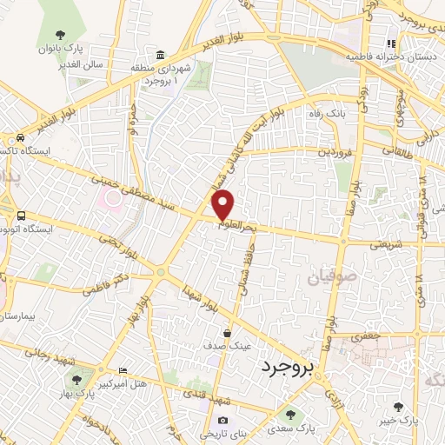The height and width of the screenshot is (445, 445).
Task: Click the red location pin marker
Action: (x=223, y=205)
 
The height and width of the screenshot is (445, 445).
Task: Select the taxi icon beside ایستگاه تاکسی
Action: (x=19, y=137)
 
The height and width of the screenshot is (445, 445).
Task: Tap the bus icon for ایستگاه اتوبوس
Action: (x=20, y=216)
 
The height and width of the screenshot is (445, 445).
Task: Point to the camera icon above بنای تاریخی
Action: (x=222, y=421)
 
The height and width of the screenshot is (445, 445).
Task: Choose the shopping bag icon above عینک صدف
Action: (x=228, y=333)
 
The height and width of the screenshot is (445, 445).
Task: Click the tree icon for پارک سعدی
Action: (x=290, y=415)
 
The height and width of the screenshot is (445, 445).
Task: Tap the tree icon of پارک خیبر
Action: (x=398, y=406)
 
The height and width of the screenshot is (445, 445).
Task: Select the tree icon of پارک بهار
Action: (x=78, y=379)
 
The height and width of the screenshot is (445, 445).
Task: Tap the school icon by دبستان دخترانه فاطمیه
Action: (x=391, y=43)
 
